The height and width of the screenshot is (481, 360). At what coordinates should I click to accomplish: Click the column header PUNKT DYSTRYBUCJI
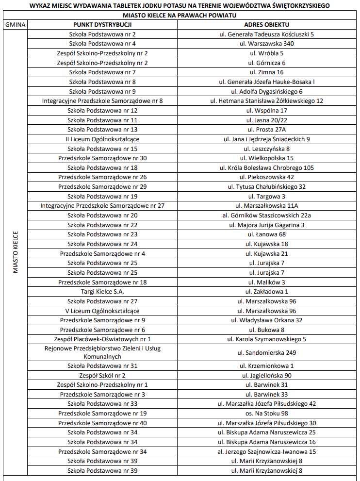click(x=102, y=25)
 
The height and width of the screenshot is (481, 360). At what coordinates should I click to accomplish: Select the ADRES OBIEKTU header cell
click(x=266, y=25)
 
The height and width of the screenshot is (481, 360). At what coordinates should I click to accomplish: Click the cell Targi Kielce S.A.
click(x=102, y=292)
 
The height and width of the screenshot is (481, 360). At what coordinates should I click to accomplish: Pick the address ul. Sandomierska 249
click(x=266, y=353)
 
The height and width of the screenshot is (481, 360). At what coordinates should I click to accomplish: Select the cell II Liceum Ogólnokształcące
click(x=102, y=139)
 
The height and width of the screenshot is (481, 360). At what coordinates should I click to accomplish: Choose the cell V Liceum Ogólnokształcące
click(x=102, y=311)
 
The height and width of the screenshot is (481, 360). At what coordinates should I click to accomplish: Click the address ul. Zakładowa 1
click(x=266, y=292)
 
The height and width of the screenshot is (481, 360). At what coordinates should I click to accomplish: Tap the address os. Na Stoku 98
click(x=266, y=413)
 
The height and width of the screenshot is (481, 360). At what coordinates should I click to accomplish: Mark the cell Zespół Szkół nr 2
click(x=102, y=375)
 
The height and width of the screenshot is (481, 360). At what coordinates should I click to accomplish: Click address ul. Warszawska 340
click(x=266, y=44)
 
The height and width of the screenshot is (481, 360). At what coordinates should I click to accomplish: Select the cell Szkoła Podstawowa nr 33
click(x=102, y=404)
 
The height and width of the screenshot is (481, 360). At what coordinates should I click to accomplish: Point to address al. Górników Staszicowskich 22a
click(x=266, y=216)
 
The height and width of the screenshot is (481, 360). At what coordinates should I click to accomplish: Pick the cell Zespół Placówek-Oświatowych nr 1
click(x=102, y=339)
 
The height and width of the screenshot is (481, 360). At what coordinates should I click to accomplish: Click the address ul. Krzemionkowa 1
click(x=266, y=366)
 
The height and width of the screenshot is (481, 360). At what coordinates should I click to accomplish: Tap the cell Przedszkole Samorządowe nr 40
click(x=102, y=423)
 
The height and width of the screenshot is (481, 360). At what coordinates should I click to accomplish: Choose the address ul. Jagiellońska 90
click(x=266, y=375)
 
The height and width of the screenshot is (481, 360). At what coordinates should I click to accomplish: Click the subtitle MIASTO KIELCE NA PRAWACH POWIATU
click(x=180, y=16)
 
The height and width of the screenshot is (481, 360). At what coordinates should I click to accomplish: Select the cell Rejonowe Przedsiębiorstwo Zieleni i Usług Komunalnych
click(x=102, y=353)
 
